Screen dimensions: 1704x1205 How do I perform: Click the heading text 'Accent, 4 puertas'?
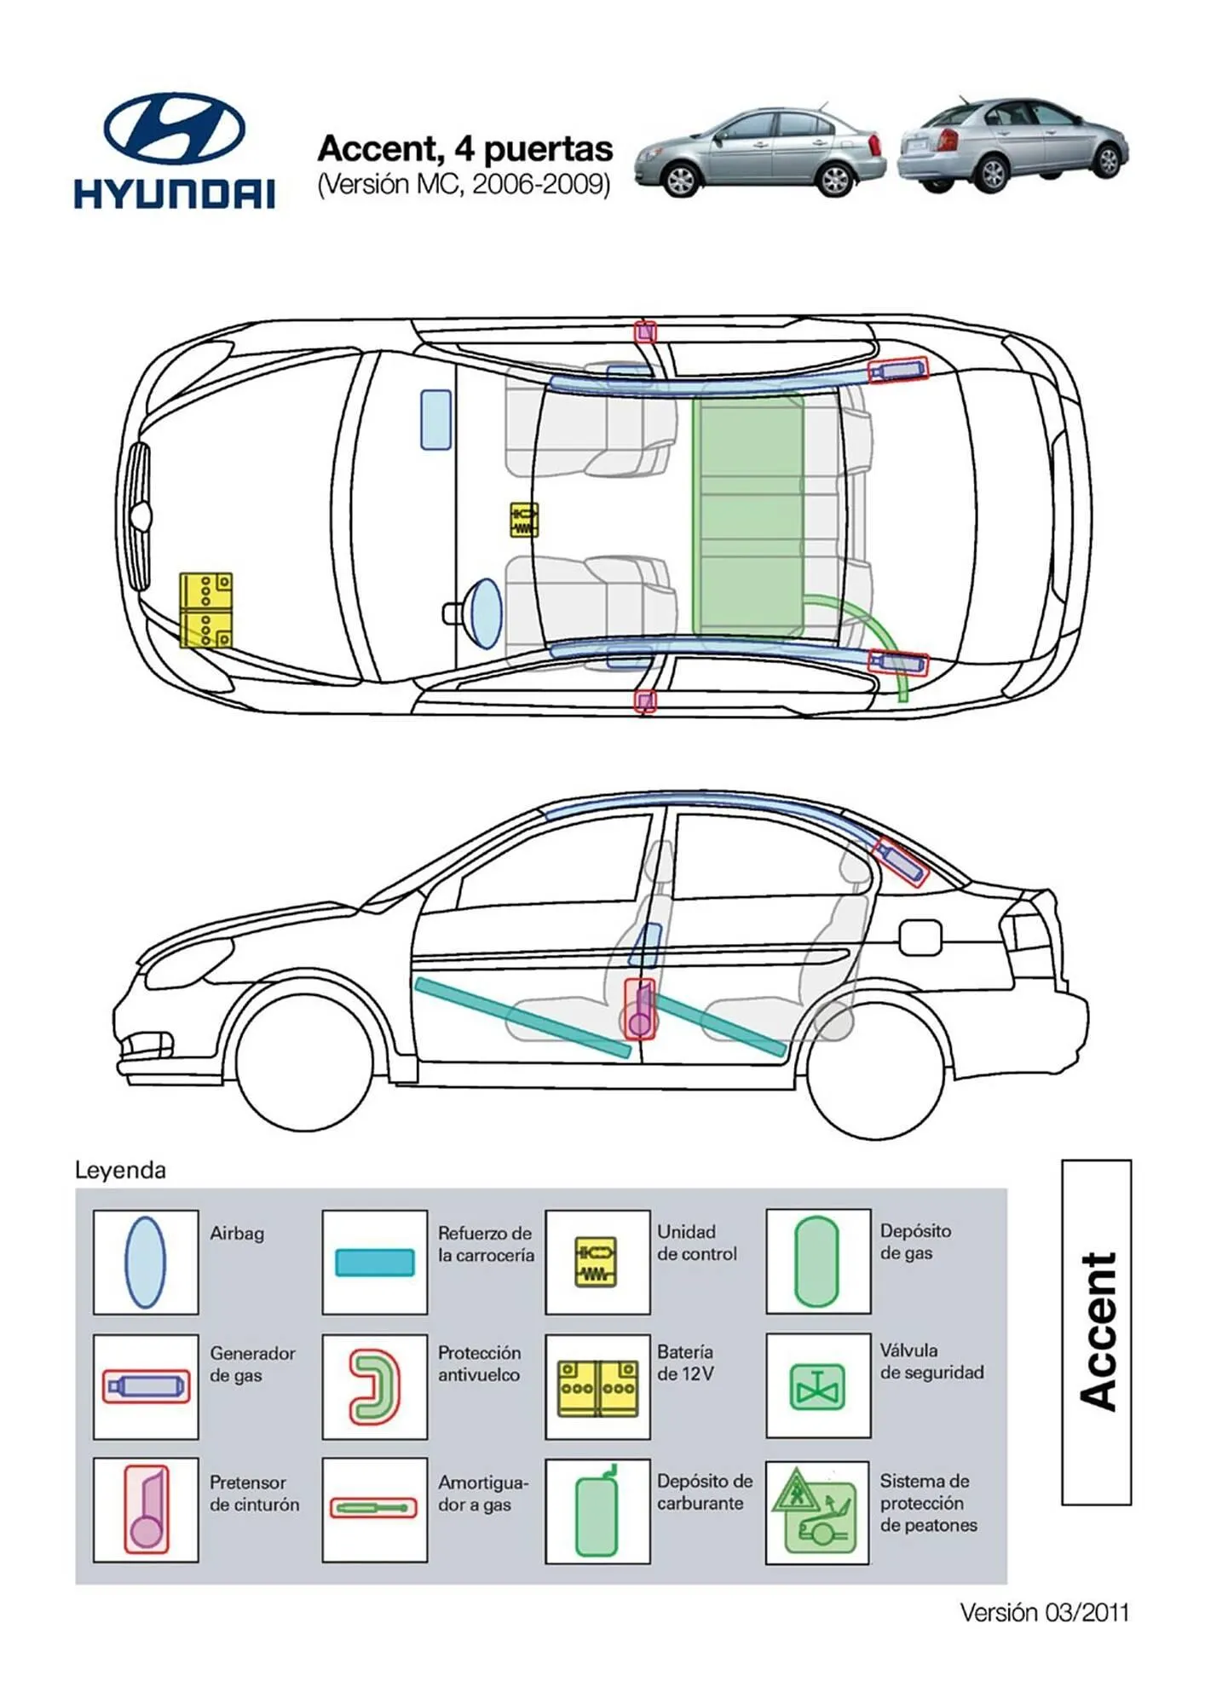464,149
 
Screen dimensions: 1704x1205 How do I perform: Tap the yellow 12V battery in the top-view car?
205,610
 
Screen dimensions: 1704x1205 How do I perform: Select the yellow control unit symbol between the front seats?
523,520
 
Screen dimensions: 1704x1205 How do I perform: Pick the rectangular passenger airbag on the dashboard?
435,419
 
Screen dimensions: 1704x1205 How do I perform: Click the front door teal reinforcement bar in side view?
522,1018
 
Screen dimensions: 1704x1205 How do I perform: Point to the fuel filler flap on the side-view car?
920,938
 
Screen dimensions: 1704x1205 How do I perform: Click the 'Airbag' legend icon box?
146,1262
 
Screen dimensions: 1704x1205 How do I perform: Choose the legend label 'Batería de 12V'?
685,1362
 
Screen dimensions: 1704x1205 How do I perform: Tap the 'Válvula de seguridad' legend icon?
817,1386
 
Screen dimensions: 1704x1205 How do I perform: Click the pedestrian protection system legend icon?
816,1511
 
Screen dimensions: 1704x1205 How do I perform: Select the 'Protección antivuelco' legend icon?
375,1387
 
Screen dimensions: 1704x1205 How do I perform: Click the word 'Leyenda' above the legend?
120,1170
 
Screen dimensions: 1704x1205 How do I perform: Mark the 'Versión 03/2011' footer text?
1044,1612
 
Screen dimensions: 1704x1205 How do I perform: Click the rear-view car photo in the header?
1012,143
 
